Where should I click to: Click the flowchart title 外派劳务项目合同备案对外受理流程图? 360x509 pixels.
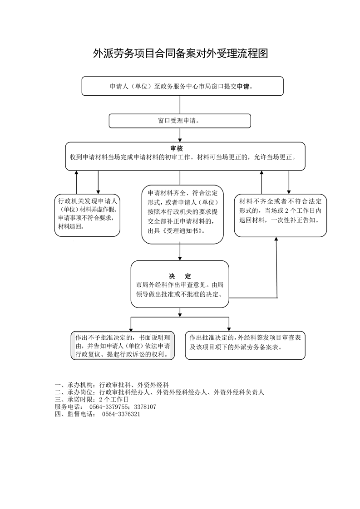click(180, 54)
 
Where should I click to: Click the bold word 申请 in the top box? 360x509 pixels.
click(243, 86)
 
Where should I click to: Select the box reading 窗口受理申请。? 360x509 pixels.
click(180, 121)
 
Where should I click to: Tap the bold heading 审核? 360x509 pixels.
click(177, 148)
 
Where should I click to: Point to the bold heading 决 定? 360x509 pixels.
click(180, 276)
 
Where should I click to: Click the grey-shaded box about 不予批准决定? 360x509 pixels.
click(123, 346)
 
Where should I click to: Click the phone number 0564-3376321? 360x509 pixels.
click(121, 414)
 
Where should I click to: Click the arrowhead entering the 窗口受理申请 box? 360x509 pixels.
click(180, 111)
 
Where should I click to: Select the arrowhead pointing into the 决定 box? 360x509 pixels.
click(180, 258)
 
